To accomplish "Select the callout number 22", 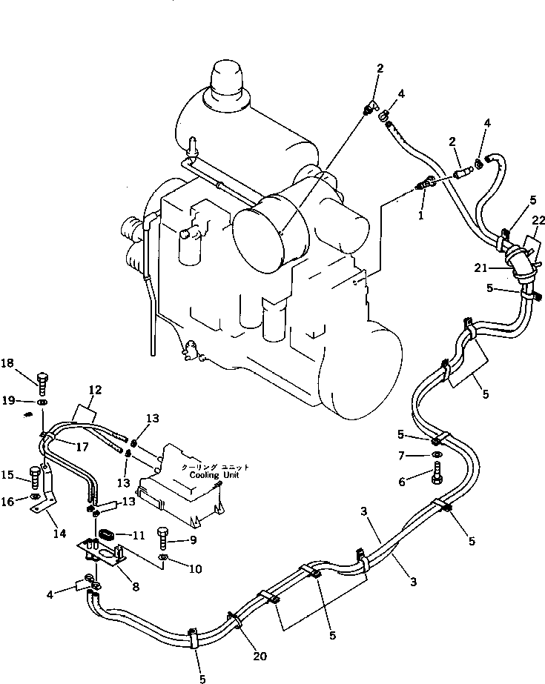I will tap(538, 220).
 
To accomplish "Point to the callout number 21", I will tap(480, 268).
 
